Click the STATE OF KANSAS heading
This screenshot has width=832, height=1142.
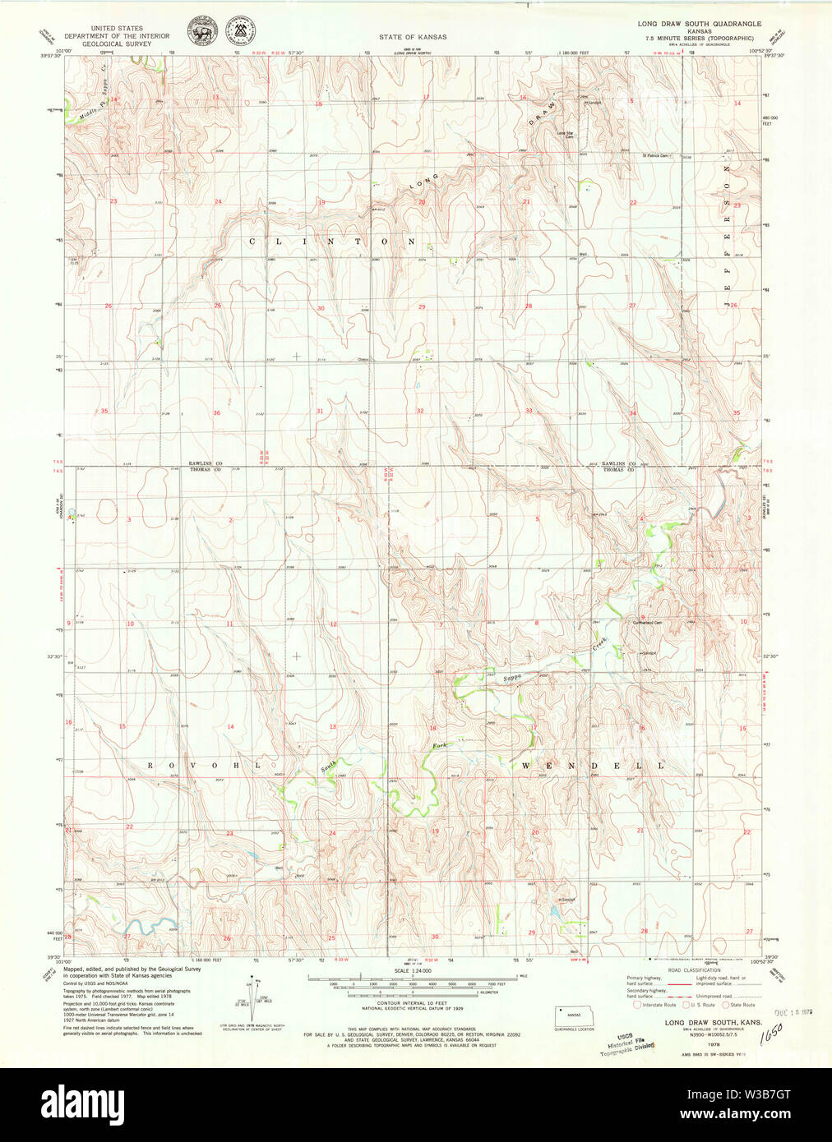(413, 37)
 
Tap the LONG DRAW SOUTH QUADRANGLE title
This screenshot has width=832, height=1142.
(699, 24)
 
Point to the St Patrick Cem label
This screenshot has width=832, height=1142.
(657, 154)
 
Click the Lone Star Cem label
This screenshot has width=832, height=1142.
(565, 135)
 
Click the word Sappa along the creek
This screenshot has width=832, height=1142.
(513, 678)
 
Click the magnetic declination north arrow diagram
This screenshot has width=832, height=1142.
(250, 996)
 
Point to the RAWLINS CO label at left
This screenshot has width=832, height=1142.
(206, 463)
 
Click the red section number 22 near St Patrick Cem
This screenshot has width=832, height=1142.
(633, 202)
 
